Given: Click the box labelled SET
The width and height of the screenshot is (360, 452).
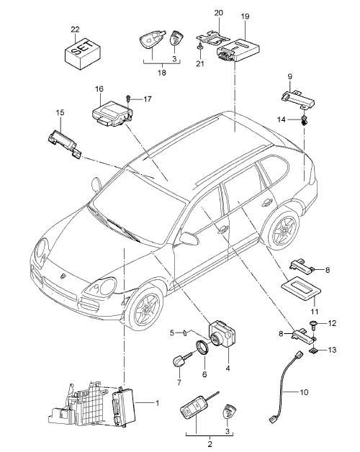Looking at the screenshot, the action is point(82,54).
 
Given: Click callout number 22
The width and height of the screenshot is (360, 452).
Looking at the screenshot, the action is point(75,30).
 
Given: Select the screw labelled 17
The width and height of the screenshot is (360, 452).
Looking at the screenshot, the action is point(129,99).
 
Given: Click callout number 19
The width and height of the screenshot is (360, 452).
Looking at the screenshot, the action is point(245,17).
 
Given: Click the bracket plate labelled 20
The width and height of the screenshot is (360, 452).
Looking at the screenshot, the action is point(212,37).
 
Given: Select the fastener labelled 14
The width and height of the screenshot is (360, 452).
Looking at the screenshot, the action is point(304,121).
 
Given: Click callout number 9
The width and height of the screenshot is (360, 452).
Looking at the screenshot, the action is point(290,77).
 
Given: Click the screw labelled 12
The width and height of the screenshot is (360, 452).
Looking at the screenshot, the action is point(313,325).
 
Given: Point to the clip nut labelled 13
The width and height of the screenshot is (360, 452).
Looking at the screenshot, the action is point(313,351).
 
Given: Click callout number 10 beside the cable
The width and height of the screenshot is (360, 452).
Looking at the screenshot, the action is point(303,392).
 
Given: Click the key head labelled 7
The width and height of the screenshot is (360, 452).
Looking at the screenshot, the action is point(179,361).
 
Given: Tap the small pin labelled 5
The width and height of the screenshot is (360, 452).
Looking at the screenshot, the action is point(186,333).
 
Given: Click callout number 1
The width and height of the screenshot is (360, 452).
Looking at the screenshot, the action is point(157,403).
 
